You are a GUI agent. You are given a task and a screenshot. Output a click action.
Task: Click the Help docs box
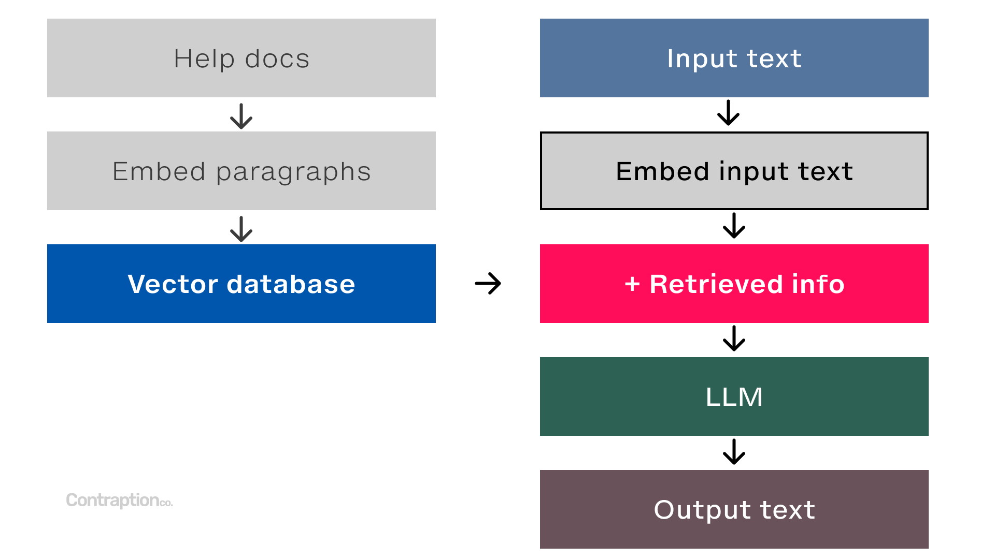pyautogui.click(x=241, y=58)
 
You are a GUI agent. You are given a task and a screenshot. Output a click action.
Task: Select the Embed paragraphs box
pyautogui.click(x=241, y=171)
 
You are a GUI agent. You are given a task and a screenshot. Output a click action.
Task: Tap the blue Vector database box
pyautogui.click(x=241, y=284)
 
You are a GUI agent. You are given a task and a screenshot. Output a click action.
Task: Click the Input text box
pyautogui.click(x=734, y=58)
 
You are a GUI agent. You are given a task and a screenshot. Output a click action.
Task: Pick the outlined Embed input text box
pyautogui.click(x=734, y=171)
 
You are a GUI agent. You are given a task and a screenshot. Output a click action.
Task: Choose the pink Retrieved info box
pyautogui.click(x=734, y=284)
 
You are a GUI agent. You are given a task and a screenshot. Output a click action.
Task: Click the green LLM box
pyautogui.click(x=734, y=396)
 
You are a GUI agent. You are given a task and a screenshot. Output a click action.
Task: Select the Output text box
pyautogui.click(x=734, y=509)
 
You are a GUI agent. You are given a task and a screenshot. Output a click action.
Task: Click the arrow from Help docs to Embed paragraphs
pyautogui.click(x=241, y=116)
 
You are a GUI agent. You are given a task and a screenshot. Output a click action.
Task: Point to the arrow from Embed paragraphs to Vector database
pyautogui.click(x=241, y=229)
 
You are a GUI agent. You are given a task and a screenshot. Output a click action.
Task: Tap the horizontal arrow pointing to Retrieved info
pyautogui.click(x=488, y=284)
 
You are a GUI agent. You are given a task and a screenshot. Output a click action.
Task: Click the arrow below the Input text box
pyautogui.click(x=728, y=113)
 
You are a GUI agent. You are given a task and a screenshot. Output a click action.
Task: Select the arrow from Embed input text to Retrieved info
pyautogui.click(x=734, y=226)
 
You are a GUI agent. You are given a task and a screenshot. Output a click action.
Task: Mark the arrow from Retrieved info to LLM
pyautogui.click(x=734, y=339)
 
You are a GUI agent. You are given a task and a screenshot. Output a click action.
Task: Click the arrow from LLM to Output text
pyautogui.click(x=734, y=451)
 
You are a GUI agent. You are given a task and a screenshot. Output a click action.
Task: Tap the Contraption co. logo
pyautogui.click(x=119, y=500)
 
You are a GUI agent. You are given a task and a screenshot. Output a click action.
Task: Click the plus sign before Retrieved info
pyautogui.click(x=632, y=284)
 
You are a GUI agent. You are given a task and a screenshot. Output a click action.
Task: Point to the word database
pyautogui.click(x=291, y=284)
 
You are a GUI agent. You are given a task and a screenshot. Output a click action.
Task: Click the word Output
pyautogui.click(x=702, y=510)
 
